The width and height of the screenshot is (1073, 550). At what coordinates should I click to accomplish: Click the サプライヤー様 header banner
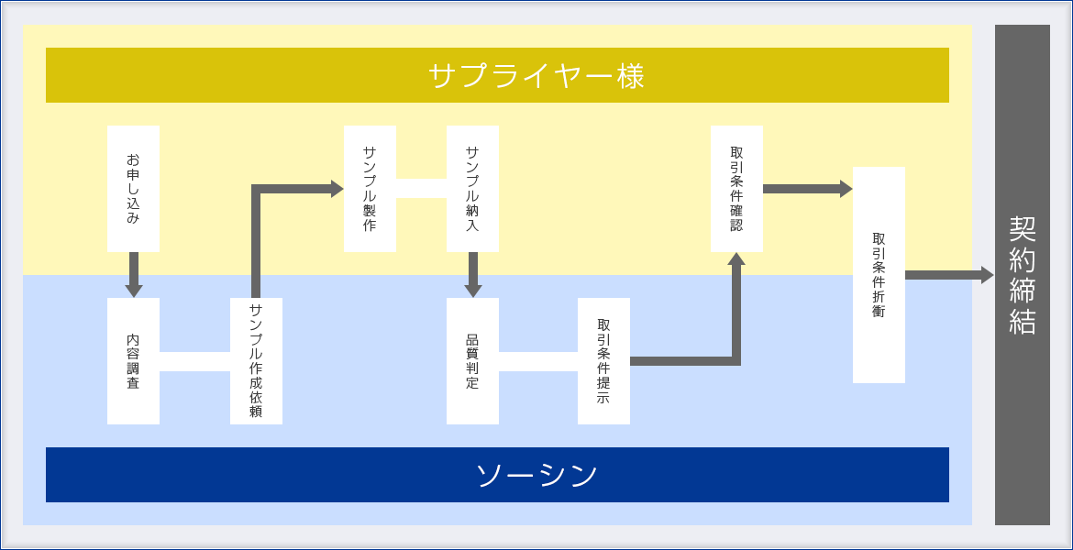(497, 75)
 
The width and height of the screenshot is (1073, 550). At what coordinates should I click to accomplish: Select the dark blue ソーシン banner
(497, 475)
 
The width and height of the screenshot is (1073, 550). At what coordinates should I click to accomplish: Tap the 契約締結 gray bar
(1023, 275)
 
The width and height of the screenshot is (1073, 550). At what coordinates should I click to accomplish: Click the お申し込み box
(134, 189)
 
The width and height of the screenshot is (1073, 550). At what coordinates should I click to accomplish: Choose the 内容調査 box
(134, 361)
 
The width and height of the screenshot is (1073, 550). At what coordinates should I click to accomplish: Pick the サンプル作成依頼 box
(256, 361)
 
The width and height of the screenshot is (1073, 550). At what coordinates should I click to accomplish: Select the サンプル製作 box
(371, 189)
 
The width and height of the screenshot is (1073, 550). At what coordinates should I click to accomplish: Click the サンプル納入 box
(473, 189)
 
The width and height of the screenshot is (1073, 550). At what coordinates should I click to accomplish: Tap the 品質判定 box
(473, 361)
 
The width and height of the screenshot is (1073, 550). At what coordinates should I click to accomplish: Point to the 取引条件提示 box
(603, 361)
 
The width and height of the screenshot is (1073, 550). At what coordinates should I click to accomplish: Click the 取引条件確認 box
(737, 189)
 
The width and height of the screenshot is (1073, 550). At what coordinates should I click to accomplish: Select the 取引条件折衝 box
(879, 275)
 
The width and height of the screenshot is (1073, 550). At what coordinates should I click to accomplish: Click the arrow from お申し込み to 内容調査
(134, 275)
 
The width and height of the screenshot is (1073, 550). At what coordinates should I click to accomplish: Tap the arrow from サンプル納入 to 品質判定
(473, 275)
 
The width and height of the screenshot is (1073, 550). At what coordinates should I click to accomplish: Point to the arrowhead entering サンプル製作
(337, 189)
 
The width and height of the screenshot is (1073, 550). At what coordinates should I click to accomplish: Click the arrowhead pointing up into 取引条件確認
(736, 258)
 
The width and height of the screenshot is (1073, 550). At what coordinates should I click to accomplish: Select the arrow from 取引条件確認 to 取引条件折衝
(807, 189)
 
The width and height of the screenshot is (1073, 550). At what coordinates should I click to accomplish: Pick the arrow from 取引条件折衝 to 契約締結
(949, 275)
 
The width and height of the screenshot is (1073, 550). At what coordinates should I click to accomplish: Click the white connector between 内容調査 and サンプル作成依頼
(194, 361)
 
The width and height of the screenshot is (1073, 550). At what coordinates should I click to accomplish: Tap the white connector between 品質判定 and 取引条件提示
(537, 361)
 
